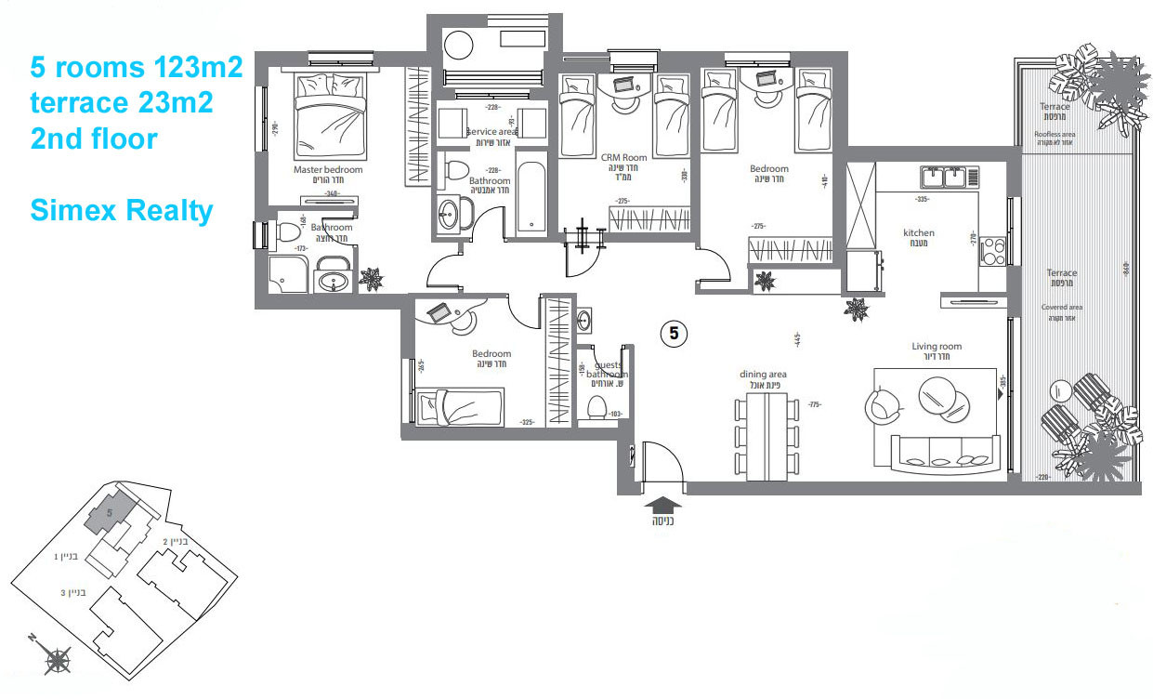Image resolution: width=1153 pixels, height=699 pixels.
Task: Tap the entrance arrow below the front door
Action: [x=662, y=505]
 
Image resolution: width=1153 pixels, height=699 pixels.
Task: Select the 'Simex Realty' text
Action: [x=122, y=210]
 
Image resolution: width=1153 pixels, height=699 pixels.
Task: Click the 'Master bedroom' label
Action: [x=328, y=170]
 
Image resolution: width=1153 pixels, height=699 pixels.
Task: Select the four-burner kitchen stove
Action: [x=992, y=249]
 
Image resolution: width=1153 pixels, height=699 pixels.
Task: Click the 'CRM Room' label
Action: [x=623, y=158]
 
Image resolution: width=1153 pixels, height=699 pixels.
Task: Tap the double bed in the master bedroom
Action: [x=329, y=117]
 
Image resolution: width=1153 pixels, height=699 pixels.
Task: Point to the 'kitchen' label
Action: [x=919, y=232]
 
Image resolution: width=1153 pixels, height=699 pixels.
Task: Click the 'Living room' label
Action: [x=937, y=347]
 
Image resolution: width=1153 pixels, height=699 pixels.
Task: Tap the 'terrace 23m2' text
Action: [x=122, y=103]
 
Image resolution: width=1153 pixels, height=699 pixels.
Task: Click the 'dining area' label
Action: [x=763, y=375]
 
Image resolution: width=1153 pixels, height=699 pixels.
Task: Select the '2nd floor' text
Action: [x=94, y=139]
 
